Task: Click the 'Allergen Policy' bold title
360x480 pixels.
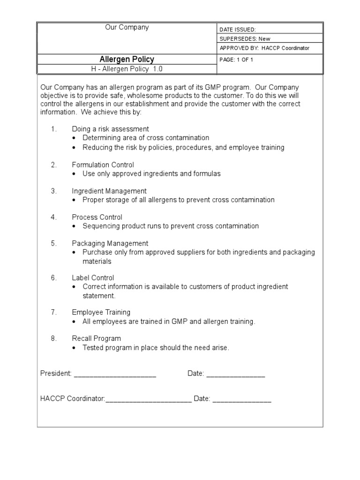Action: [127, 60]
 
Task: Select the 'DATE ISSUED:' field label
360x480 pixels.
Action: [238, 29]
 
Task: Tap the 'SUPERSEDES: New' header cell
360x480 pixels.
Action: [245, 39]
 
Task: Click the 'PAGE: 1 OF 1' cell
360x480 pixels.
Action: [236, 60]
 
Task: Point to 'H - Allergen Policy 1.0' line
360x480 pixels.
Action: [127, 69]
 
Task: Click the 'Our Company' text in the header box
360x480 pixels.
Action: [127, 27]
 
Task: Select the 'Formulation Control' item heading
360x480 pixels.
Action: [103, 165]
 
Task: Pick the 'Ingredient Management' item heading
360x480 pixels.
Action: [109, 191]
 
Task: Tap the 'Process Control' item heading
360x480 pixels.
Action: [97, 217]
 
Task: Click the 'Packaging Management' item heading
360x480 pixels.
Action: [110, 244]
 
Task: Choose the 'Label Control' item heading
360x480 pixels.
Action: [93, 278]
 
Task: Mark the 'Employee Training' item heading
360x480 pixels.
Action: [101, 312]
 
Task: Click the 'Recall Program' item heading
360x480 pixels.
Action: [96, 338]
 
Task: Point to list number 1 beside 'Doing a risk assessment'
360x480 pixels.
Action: [54, 129]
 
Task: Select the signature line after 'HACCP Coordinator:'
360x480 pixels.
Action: [149, 400]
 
